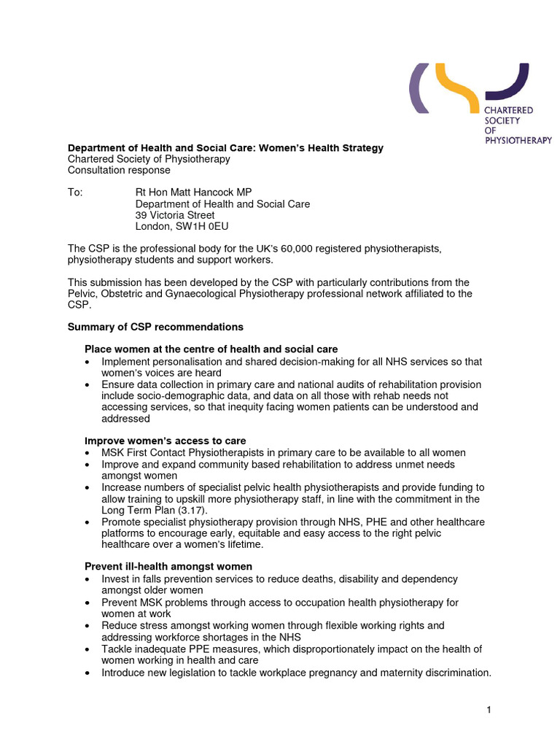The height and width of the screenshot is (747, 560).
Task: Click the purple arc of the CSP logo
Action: point(415,88)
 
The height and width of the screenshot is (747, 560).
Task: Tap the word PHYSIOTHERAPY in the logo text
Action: point(518,141)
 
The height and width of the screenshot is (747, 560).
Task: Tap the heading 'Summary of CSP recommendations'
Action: point(155,327)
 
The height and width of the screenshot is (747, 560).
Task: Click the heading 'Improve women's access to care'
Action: point(165,441)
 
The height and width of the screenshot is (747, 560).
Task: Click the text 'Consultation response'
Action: point(119,170)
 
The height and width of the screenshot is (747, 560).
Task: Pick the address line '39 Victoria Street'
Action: point(175,215)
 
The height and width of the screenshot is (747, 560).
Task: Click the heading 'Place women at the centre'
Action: point(211,349)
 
